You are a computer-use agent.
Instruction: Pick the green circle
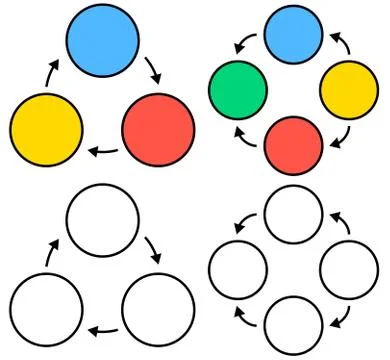point(238,89)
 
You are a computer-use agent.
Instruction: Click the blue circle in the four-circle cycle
point(294,33)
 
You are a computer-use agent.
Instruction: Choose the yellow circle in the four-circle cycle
point(348,89)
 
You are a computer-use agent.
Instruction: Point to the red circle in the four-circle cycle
point(294,145)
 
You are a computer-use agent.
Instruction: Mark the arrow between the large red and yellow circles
point(102,152)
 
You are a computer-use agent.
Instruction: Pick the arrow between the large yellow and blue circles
point(50,73)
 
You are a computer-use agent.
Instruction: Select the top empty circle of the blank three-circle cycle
point(101,220)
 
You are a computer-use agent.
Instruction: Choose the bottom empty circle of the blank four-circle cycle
point(294,324)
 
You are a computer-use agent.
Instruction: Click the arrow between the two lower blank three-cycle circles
point(102,329)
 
